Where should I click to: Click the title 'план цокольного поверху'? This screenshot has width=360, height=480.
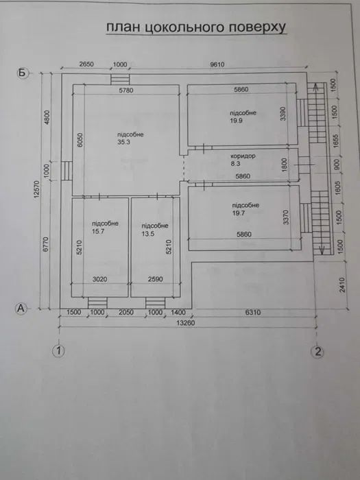[x=194, y=27]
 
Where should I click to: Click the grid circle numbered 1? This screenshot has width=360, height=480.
[x=60, y=352]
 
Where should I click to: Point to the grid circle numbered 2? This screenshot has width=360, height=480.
[x=317, y=352]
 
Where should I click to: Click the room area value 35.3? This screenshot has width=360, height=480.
[x=123, y=143]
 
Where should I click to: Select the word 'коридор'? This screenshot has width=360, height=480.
[x=243, y=156]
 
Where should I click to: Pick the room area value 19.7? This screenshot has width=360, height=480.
[x=239, y=213]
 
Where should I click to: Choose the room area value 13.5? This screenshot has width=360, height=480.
[x=149, y=233]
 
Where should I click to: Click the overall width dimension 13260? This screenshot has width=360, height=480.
[x=186, y=323]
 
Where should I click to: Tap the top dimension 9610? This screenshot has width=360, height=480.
[x=217, y=64]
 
